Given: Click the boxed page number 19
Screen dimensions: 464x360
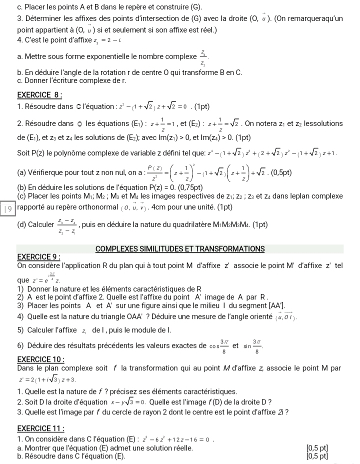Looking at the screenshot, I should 8,210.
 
